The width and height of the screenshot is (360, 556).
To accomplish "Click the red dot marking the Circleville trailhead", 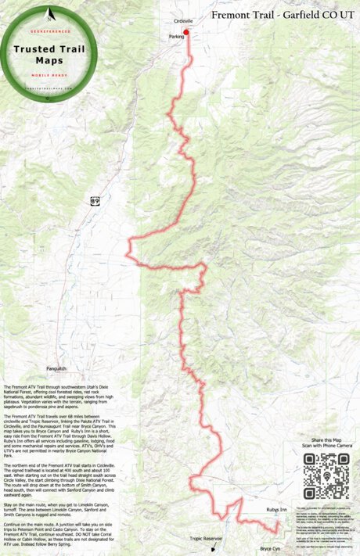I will (186, 32).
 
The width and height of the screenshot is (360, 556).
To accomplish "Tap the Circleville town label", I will (183, 21).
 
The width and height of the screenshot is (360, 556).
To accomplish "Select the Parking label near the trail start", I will (176, 37).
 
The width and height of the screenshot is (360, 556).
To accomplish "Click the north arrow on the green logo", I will (50, 13).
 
